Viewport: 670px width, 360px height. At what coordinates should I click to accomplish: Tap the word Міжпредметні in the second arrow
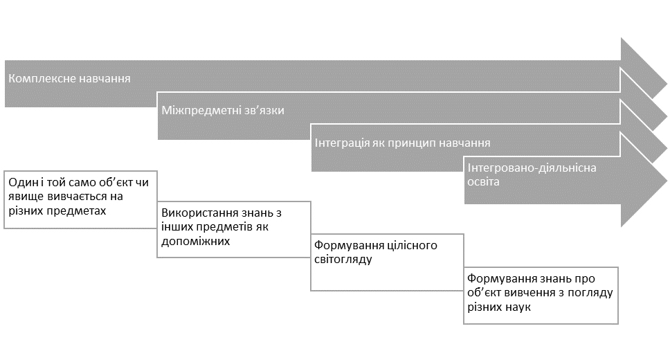coord(201,110)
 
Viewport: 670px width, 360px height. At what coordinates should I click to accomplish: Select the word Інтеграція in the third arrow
coord(342,143)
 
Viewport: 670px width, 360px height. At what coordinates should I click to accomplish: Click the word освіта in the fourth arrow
coord(483,181)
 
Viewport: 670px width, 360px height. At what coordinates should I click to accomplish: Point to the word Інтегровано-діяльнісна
coord(532,168)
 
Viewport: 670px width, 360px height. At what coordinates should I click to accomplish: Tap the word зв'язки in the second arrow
coord(264,110)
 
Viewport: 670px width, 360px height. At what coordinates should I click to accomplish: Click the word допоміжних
coord(196,241)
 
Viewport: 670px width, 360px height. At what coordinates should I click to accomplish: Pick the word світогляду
coord(343,259)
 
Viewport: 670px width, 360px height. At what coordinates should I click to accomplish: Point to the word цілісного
coord(412,245)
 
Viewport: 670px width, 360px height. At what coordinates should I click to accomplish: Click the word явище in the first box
coord(26,197)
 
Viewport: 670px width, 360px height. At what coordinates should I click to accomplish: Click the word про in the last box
coord(585,279)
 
